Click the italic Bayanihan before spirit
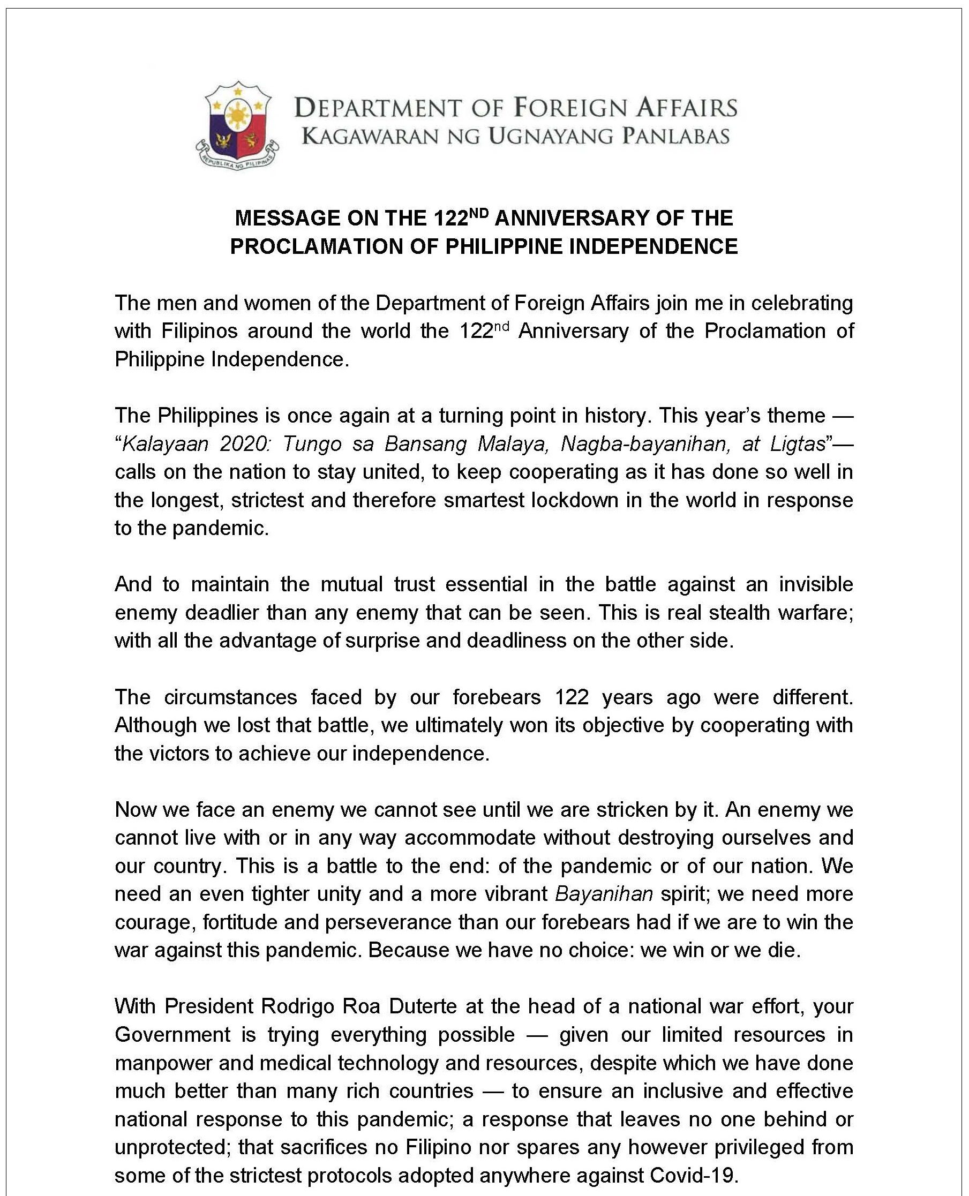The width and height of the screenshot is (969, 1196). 604,893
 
